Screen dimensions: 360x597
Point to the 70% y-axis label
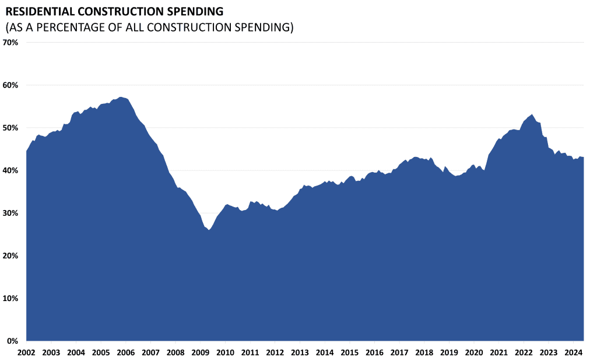(x=11, y=43)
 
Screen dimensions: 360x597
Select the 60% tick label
(x=11, y=85)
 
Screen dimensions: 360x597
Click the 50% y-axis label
(x=11, y=128)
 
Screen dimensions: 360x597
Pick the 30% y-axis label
(x=11, y=213)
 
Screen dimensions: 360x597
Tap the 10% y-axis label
(x=11, y=298)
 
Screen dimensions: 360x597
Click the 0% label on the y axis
(x=13, y=341)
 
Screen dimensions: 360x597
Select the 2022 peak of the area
(x=532, y=115)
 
